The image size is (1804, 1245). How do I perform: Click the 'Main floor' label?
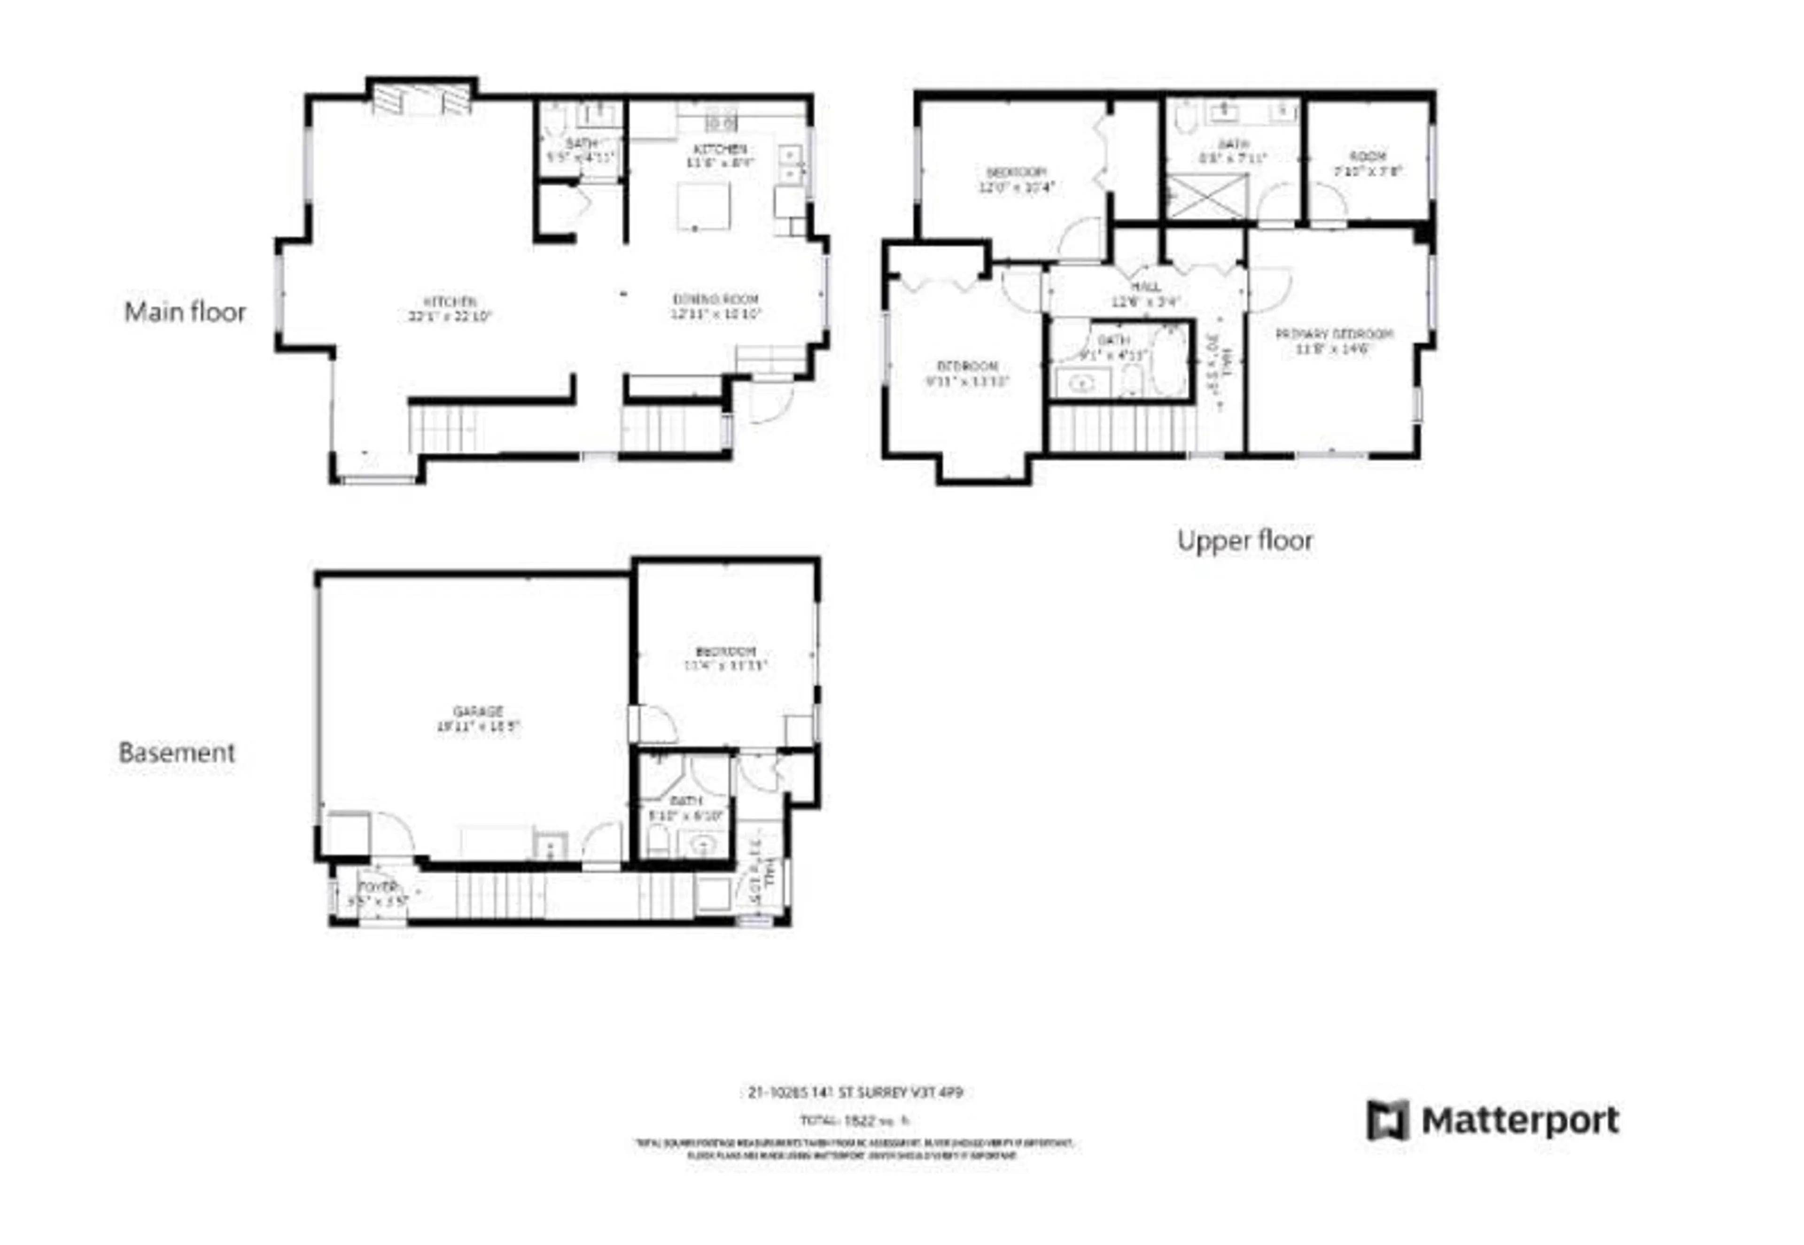[x=185, y=312]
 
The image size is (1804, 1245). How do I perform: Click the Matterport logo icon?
[x=1387, y=1120]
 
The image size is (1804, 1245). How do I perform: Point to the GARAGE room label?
[x=477, y=718]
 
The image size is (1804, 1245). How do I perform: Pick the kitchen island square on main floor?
[x=703, y=206]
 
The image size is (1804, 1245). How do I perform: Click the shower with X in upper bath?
[x=1206, y=196]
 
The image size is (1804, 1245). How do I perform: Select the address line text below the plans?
[x=855, y=1093]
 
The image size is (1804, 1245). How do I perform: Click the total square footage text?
[x=855, y=1121]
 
